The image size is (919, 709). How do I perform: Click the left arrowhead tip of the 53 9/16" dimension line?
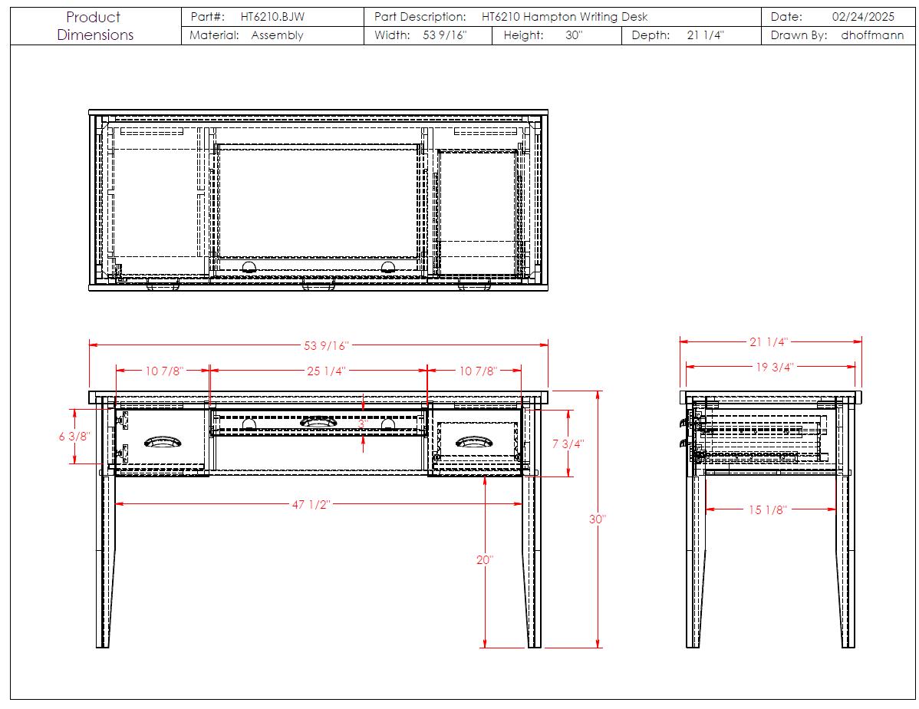point(90,345)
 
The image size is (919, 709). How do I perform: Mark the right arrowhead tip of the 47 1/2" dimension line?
point(521,503)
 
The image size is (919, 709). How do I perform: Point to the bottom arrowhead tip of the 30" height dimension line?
point(598,648)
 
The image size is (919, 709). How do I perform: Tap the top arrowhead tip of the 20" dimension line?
point(485,477)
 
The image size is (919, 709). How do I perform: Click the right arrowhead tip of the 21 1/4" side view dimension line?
point(861,341)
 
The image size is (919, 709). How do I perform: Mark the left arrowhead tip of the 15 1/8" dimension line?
point(706,509)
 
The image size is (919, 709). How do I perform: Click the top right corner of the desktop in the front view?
point(548,392)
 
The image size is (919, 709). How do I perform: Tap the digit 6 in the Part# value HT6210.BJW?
point(265,17)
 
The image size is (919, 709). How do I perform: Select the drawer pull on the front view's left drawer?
point(163,441)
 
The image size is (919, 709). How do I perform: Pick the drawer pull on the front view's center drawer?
point(318,422)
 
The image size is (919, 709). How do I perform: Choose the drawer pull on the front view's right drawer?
point(473,441)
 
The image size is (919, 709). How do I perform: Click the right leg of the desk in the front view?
point(533,522)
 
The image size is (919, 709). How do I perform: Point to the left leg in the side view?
point(694,522)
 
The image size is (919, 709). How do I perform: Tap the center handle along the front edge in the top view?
point(318,285)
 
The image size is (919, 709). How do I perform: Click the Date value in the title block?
point(863,17)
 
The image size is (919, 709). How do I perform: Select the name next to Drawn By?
point(872,35)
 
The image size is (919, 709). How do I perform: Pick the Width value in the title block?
point(445,35)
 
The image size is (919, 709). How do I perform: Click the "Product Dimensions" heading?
point(95,26)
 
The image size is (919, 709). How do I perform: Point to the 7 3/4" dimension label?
point(568,444)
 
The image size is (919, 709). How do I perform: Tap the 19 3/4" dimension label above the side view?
point(774,367)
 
